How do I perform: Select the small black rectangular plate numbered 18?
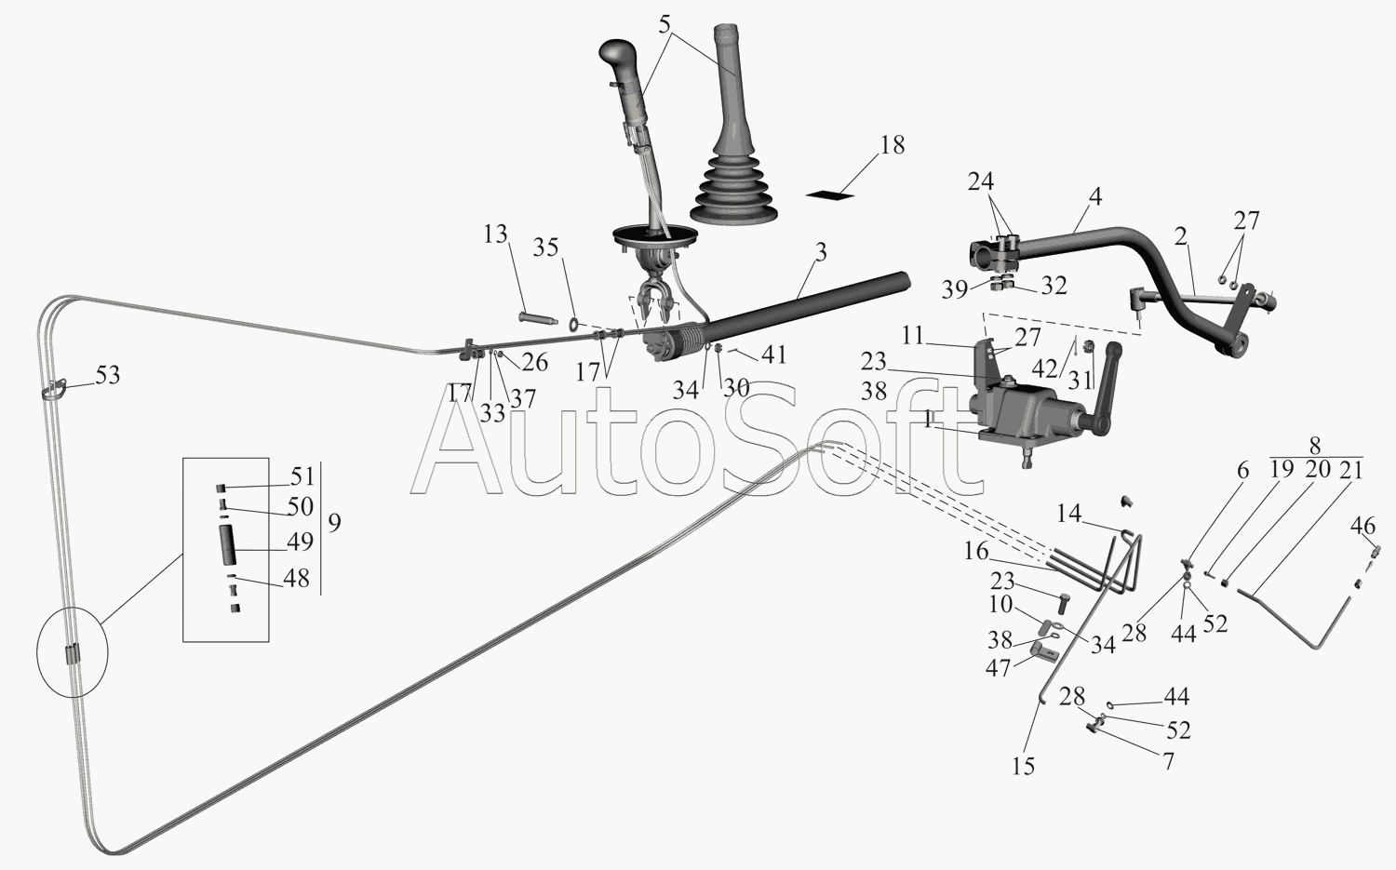tap(830, 194)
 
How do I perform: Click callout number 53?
tap(108, 375)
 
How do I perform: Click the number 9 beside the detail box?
tap(334, 522)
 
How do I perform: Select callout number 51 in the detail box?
tap(302, 476)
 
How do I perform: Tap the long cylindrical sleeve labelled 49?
tap(228, 543)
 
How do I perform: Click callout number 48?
tap(296, 578)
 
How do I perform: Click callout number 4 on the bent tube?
tap(1095, 197)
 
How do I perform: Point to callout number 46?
tap(1363, 527)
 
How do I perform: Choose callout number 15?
tap(1023, 767)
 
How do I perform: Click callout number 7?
tap(1168, 761)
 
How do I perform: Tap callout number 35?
tap(545, 248)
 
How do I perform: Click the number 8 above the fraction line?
tap(1314, 446)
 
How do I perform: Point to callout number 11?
tap(913, 334)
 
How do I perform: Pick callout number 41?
tap(773, 355)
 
